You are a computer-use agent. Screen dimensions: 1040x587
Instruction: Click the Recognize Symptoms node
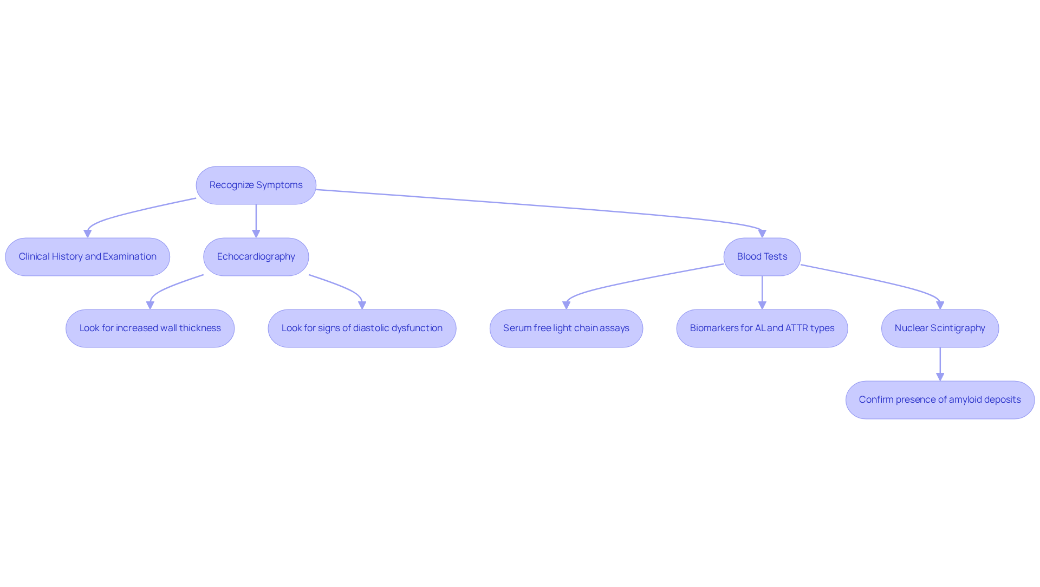pos(256,185)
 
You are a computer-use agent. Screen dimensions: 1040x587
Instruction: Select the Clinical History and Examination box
pos(88,257)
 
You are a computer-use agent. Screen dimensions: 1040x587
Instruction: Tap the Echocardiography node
pos(256,257)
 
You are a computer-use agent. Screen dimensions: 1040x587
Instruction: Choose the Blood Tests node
pos(762,257)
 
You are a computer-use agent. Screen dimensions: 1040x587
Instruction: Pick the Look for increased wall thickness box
pos(150,328)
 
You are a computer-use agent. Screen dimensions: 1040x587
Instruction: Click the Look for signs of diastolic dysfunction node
pos(362,328)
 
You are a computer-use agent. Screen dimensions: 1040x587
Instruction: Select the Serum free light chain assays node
pos(566,328)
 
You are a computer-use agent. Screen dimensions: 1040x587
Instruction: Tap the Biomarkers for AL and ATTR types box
pos(762,328)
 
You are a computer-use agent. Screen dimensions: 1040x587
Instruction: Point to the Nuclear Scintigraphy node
pos(940,328)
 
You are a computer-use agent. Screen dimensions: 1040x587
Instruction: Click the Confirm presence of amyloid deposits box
pos(940,400)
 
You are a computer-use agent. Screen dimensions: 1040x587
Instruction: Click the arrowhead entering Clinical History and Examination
pos(88,234)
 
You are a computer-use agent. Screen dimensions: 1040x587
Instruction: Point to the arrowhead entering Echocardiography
pos(256,234)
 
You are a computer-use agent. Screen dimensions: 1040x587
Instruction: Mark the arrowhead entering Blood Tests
pos(762,234)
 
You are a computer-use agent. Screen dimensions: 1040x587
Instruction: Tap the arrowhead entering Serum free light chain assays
pos(566,305)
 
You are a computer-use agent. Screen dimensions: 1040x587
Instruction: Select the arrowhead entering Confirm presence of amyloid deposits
pos(940,377)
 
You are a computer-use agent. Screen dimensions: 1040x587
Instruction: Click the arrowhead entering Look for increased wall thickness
pos(150,305)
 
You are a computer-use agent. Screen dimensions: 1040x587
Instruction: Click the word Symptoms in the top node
pos(279,185)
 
